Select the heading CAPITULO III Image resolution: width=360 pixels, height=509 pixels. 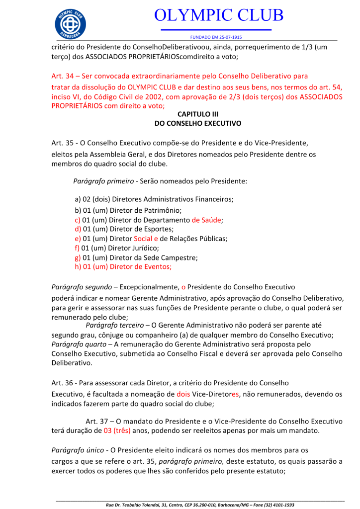[197, 114]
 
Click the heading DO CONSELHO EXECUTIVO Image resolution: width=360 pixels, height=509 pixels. [197, 122]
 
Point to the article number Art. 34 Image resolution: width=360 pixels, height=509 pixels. [62, 76]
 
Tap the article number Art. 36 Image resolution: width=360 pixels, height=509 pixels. [62, 383]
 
